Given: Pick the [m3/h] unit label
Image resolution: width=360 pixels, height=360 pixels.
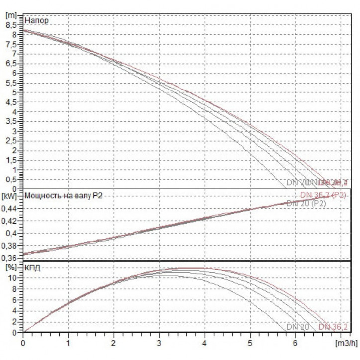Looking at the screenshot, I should click(346, 343).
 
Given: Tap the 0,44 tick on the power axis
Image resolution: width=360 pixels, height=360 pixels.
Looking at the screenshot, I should click(11, 209).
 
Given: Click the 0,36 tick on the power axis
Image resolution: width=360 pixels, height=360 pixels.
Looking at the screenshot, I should click(11, 258).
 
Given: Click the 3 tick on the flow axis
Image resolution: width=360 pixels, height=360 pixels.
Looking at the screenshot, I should click(159, 343).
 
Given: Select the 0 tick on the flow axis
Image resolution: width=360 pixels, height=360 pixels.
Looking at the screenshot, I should click(23, 343).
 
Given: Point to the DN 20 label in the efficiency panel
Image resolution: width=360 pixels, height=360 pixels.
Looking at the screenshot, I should click(298, 327).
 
